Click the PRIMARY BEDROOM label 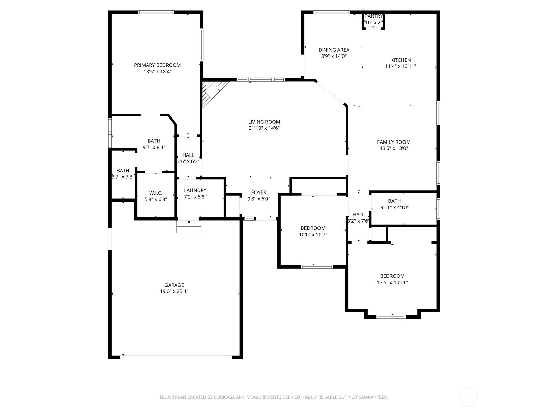[157, 65]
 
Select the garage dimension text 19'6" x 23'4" [174, 291]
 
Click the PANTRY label [373, 16]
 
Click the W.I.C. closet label [156, 193]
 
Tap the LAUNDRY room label [195, 190]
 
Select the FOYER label [259, 192]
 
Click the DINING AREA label [334, 50]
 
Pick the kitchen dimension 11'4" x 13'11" [400, 66]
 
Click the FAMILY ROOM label [394, 142]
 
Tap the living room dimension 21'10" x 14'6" [264, 128]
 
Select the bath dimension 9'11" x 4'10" [394, 207]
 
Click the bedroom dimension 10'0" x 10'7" [313, 235]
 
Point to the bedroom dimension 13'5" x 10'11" [392, 283]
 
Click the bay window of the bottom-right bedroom [391, 316]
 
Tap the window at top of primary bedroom [156, 12]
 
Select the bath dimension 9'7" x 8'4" [154, 147]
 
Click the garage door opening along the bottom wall [176, 357]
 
